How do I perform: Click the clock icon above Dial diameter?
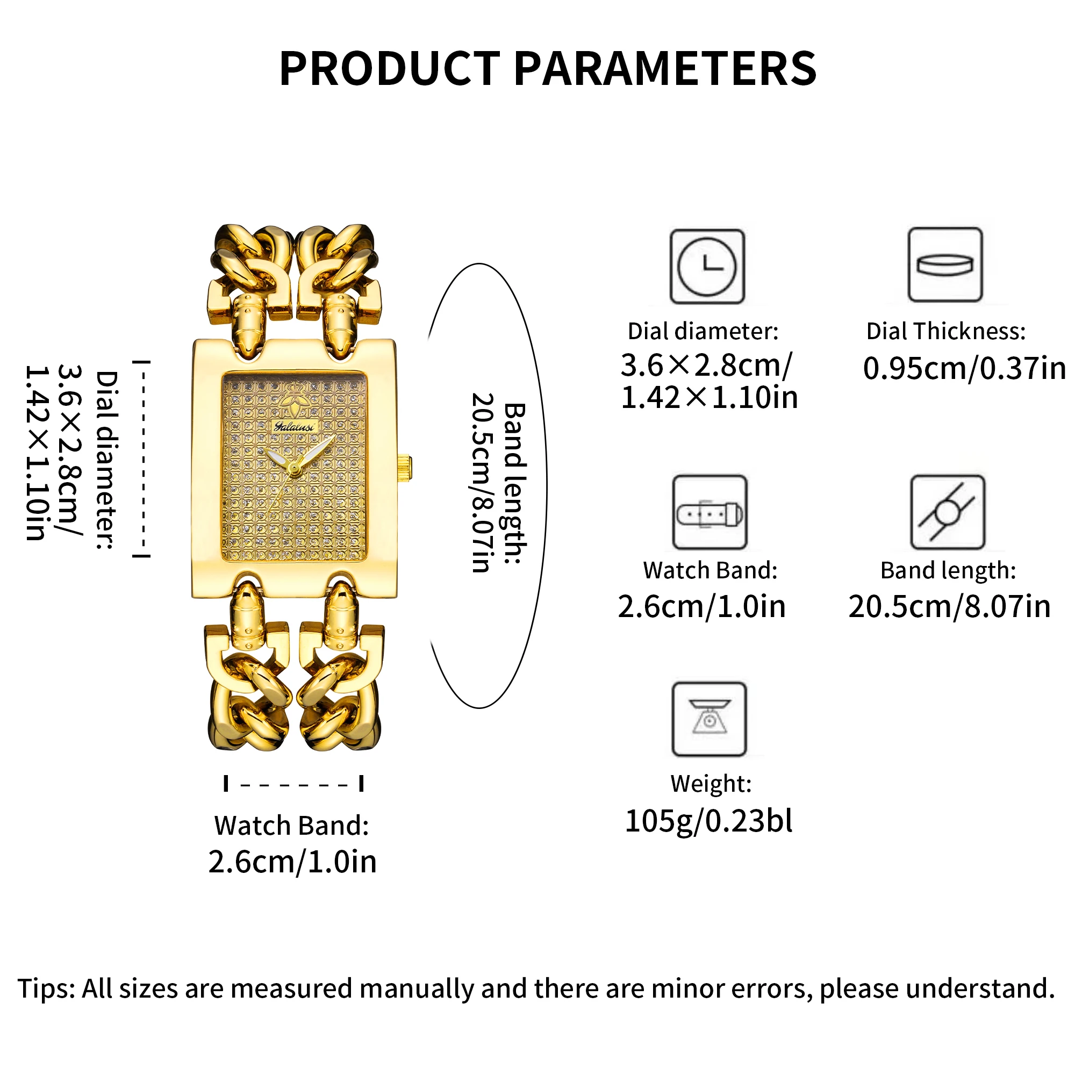707,267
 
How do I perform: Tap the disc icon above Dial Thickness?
945,265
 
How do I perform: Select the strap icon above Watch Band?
709,512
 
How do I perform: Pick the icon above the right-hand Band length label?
947,512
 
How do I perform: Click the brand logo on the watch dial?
295,427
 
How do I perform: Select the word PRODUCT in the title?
390,69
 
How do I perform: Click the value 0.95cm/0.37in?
964,369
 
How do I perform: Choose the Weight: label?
711,784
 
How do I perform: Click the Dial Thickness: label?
945,332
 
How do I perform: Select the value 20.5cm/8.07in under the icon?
949,606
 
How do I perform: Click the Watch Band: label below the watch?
291,826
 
